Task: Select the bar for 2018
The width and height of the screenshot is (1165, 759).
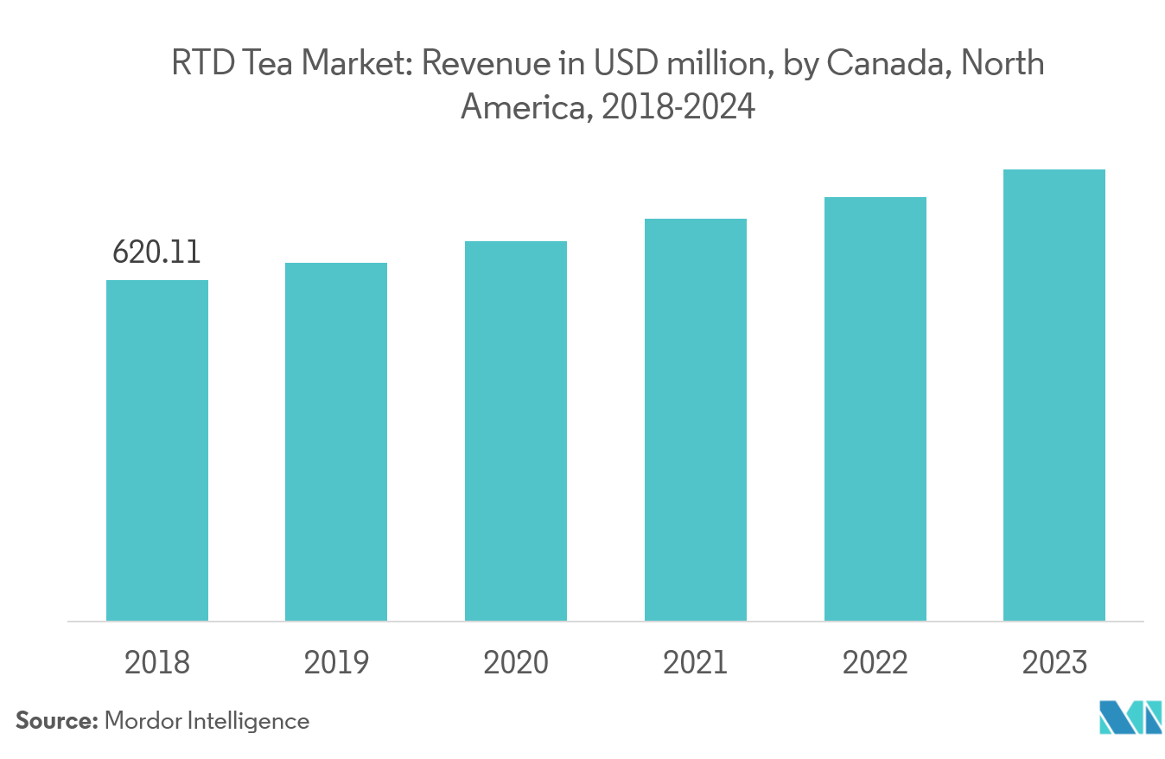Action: pyautogui.click(x=157, y=450)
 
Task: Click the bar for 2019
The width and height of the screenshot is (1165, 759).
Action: pyautogui.click(x=336, y=441)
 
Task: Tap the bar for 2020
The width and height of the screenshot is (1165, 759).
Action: pyautogui.click(x=516, y=431)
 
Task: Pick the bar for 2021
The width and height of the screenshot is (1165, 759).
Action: pyautogui.click(x=696, y=419)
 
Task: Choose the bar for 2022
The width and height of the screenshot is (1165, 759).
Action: pyautogui.click(x=875, y=408)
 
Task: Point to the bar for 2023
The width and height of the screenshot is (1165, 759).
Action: pyautogui.click(x=1054, y=395)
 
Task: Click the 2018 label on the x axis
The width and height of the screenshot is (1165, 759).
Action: pyautogui.click(x=157, y=663)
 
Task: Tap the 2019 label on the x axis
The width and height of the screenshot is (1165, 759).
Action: pyautogui.click(x=336, y=663)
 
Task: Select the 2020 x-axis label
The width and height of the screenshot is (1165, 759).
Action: pyautogui.click(x=516, y=663)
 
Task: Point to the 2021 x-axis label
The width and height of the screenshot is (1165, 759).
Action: pyautogui.click(x=696, y=663)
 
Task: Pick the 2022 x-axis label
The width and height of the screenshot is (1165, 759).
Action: pyautogui.click(x=875, y=663)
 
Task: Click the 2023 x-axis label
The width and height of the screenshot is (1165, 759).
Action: pyautogui.click(x=1054, y=663)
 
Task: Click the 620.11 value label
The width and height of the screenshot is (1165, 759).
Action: pyautogui.click(x=157, y=252)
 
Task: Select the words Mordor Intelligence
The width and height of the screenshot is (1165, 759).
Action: pyautogui.click(x=207, y=721)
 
